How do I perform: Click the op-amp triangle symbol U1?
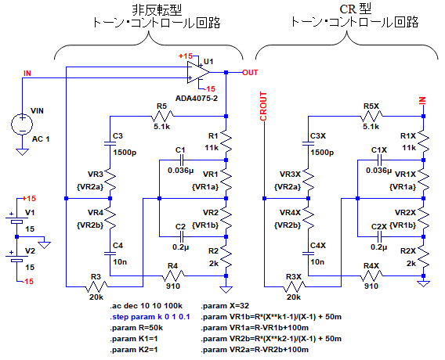[x=198, y=72]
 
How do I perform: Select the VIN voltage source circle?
[x=22, y=124]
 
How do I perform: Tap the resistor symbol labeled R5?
[x=162, y=116]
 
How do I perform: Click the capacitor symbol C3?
[x=110, y=144]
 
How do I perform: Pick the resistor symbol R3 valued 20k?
[x=96, y=286]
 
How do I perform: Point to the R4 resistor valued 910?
[x=173, y=275]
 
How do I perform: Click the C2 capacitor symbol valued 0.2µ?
[x=181, y=236]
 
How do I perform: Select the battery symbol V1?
[x=16, y=220]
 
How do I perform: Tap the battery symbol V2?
[x=16, y=258]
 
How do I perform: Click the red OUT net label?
[x=250, y=73]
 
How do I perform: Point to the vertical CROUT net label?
[x=263, y=106]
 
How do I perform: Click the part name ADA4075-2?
[x=197, y=99]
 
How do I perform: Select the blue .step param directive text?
[x=150, y=317]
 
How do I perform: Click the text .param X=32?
[x=225, y=306]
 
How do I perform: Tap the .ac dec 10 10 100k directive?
[x=147, y=306]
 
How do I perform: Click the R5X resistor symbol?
[x=371, y=116]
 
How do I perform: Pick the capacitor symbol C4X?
[x=309, y=253]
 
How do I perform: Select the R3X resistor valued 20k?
[x=295, y=286]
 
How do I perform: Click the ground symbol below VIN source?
[x=22, y=152]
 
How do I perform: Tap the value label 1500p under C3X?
[x=322, y=153]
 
